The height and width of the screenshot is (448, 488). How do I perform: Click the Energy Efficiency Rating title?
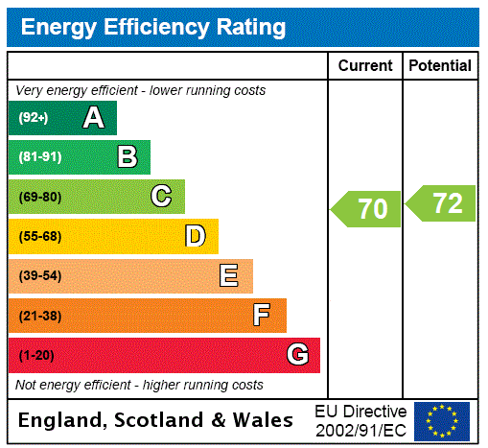[153, 28]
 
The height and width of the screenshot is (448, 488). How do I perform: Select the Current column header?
[365, 65]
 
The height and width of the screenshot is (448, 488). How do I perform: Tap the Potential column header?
[440, 65]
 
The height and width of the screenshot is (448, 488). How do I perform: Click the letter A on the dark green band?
[93, 118]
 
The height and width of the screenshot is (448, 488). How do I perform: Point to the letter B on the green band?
[127, 157]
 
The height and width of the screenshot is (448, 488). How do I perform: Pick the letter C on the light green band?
[161, 197]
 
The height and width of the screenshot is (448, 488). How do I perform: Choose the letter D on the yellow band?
[195, 236]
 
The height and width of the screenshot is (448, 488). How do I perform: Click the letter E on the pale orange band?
[229, 276]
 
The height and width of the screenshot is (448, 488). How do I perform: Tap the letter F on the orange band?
[262, 316]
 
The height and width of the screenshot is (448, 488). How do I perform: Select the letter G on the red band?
[297, 355]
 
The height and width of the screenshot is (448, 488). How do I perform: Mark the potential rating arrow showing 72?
[441, 203]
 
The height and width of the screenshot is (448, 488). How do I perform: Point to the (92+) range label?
[34, 118]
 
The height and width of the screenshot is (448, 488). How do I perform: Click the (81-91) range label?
[39, 157]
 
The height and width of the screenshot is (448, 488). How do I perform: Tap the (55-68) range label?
[39, 237]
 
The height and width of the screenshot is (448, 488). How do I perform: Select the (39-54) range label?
[39, 276]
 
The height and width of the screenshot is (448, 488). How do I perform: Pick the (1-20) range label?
[36, 356]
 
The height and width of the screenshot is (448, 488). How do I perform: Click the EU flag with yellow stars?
[442, 420]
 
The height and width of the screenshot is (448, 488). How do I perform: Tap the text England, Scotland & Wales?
[156, 420]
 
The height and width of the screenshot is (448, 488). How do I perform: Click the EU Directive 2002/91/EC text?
[360, 420]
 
